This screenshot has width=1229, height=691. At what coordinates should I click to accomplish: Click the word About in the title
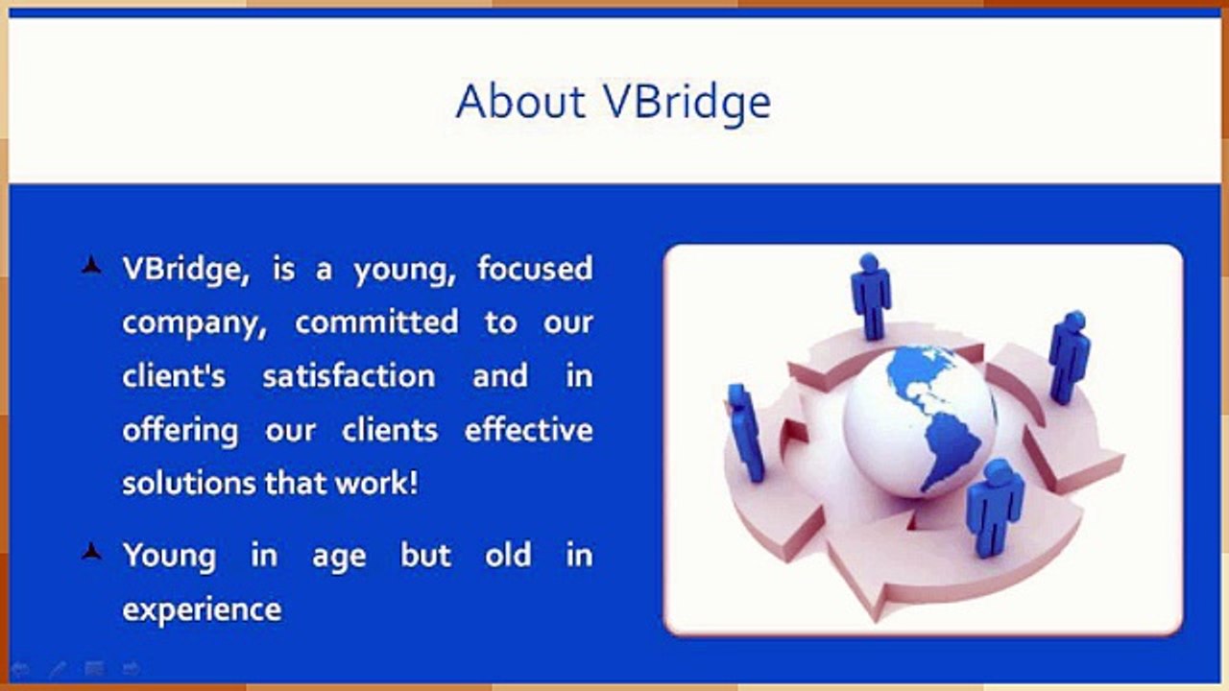tap(520, 102)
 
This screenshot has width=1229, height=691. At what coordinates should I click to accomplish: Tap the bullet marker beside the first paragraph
tap(91, 266)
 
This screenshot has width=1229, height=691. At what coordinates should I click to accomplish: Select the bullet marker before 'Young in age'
tap(91, 552)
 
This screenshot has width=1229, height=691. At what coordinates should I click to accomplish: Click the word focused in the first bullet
tap(535, 268)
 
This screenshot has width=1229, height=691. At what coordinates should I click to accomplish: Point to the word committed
tap(376, 322)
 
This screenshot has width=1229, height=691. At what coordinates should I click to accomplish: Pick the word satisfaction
tap(349, 375)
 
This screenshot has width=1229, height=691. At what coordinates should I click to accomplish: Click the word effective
tap(529, 429)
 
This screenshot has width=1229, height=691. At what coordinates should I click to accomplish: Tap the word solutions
tap(189, 483)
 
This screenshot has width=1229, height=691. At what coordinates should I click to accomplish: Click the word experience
tap(202, 609)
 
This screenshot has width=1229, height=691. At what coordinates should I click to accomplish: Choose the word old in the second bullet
tap(508, 555)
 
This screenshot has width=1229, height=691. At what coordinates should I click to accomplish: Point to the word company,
tap(194, 324)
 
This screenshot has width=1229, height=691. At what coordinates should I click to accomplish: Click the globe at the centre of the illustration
tap(919, 422)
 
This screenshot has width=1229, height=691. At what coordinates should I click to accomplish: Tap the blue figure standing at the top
tap(871, 297)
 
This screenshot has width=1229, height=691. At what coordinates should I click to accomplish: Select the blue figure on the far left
tap(745, 433)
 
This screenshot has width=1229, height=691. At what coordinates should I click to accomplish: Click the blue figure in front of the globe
tap(994, 508)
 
